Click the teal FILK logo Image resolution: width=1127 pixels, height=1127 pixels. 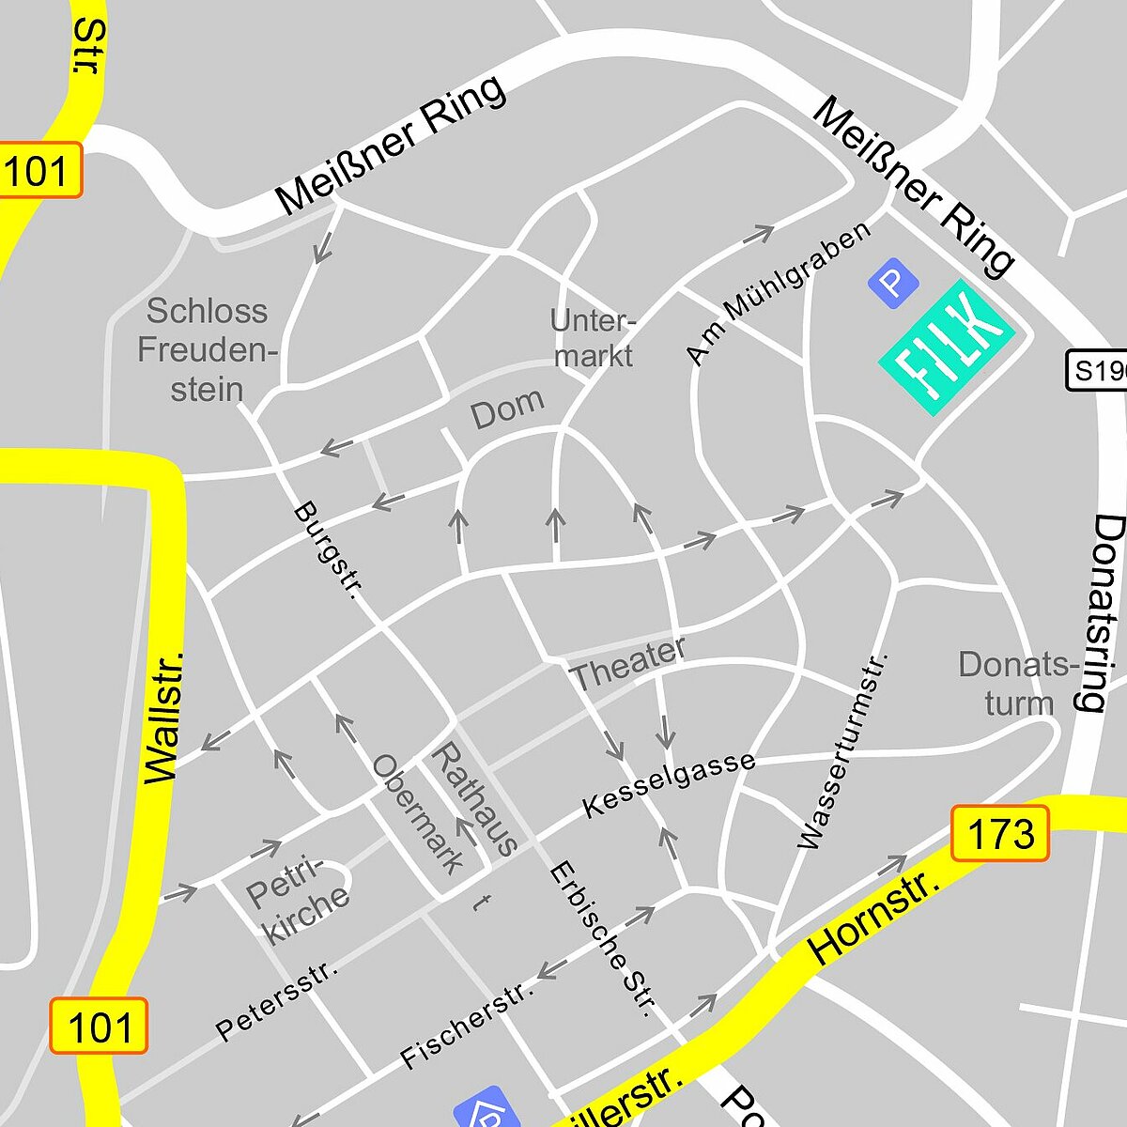pos(946,347)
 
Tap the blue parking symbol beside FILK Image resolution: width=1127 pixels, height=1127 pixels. pos(891,283)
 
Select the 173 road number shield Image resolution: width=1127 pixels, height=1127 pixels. pos(999,833)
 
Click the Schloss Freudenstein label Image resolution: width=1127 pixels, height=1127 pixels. pos(207,350)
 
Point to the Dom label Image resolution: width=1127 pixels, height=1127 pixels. pos(507,409)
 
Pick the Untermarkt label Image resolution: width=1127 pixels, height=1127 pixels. pos(593,338)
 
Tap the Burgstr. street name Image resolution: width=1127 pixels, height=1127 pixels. pos(328,550)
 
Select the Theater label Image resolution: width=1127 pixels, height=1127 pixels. pos(627,663)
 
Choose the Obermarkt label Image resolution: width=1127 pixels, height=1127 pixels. pos(419,813)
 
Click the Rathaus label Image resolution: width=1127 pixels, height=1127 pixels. pos(475,799)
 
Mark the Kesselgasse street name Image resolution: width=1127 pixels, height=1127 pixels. pos(669,784)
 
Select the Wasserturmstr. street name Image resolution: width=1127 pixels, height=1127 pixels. pos(842,751)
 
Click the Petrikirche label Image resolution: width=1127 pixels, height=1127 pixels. pos(297,900)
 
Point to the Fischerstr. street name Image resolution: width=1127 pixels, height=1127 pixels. pos(467,1023)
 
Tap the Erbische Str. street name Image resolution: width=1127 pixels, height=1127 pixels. pos(601,939)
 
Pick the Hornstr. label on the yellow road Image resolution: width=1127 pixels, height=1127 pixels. pos(873,919)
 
